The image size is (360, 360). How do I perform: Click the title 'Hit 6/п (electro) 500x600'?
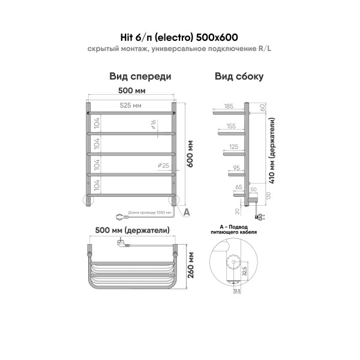(x=179, y=35)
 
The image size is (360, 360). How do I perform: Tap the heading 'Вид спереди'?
(x=140, y=77)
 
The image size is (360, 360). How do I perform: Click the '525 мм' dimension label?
(x=131, y=106)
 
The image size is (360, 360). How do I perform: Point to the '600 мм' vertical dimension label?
(x=191, y=156)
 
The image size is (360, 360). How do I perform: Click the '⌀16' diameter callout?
(x=154, y=124)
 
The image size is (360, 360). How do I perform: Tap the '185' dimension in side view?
(x=229, y=106)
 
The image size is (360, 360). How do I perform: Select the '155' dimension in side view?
(x=232, y=127)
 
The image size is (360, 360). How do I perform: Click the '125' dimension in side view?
(x=233, y=147)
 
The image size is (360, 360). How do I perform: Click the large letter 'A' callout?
(x=187, y=211)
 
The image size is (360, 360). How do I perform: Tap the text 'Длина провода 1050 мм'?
(x=150, y=212)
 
